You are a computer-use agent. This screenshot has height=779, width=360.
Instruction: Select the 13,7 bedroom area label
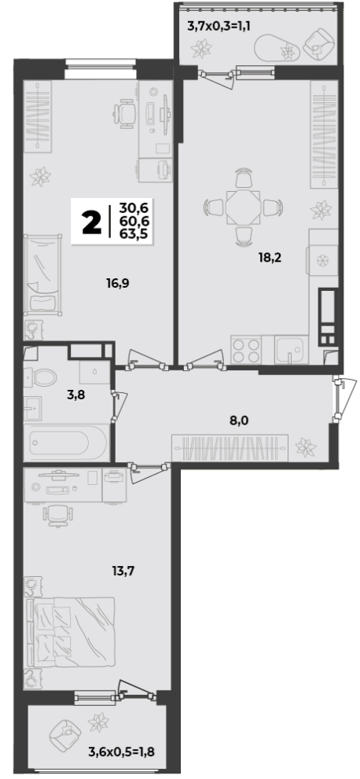[x=123, y=570]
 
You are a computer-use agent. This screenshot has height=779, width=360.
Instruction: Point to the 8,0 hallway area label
[x=239, y=421]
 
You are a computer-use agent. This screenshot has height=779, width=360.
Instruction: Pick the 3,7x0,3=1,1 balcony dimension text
[x=218, y=26]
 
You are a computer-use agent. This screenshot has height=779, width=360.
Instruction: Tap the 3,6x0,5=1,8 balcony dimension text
[x=122, y=751]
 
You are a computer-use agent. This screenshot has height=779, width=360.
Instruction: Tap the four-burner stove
[x=246, y=351]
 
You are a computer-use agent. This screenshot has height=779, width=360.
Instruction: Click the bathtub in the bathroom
[x=67, y=442]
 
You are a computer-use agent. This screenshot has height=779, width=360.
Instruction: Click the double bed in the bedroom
[x=69, y=632]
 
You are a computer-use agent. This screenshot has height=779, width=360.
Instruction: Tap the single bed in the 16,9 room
[x=43, y=275]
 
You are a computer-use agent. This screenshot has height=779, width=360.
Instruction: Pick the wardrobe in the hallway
[x=230, y=447]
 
